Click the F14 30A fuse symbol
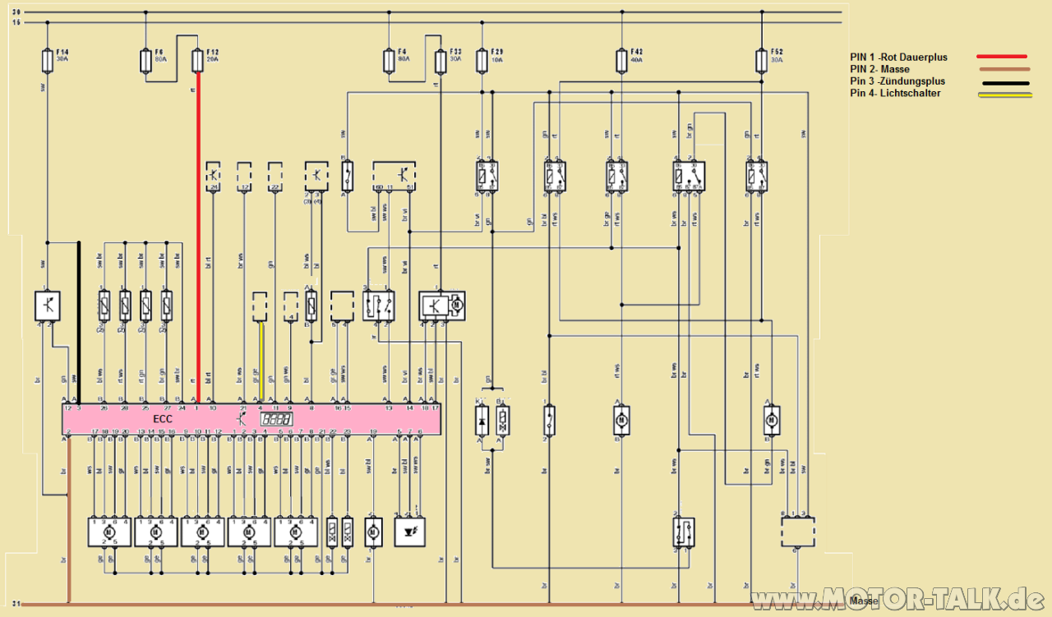(48, 61)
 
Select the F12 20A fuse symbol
(197, 61)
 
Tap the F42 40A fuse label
(636, 55)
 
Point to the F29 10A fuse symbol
(482, 61)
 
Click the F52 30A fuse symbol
(761, 61)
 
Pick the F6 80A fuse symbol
(145, 61)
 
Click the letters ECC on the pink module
(163, 419)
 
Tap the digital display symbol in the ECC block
(276, 419)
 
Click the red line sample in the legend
(1002, 57)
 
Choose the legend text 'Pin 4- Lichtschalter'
(895, 94)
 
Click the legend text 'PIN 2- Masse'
(879, 70)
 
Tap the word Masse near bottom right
(864, 601)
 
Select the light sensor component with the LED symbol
(408, 532)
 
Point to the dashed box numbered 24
(213, 175)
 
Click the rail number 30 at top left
(16, 12)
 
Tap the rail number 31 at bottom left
(16, 605)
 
